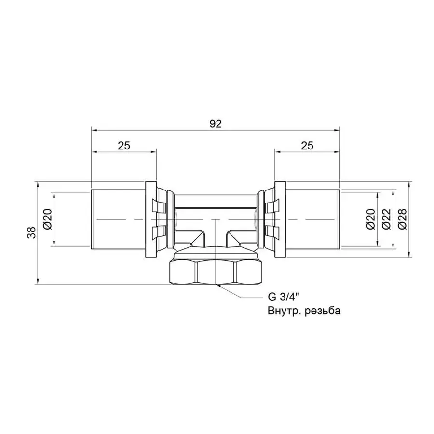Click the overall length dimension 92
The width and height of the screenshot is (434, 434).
(x=215, y=123)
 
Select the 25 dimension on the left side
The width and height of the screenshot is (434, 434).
(x=124, y=146)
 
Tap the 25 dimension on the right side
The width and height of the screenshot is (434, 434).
(x=307, y=146)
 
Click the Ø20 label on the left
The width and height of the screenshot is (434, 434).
(x=47, y=219)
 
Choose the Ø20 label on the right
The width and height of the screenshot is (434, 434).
(x=370, y=219)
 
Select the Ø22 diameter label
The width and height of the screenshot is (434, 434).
(x=386, y=219)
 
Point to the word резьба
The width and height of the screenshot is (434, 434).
(x=321, y=311)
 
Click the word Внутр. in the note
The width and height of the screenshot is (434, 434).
(x=283, y=311)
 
